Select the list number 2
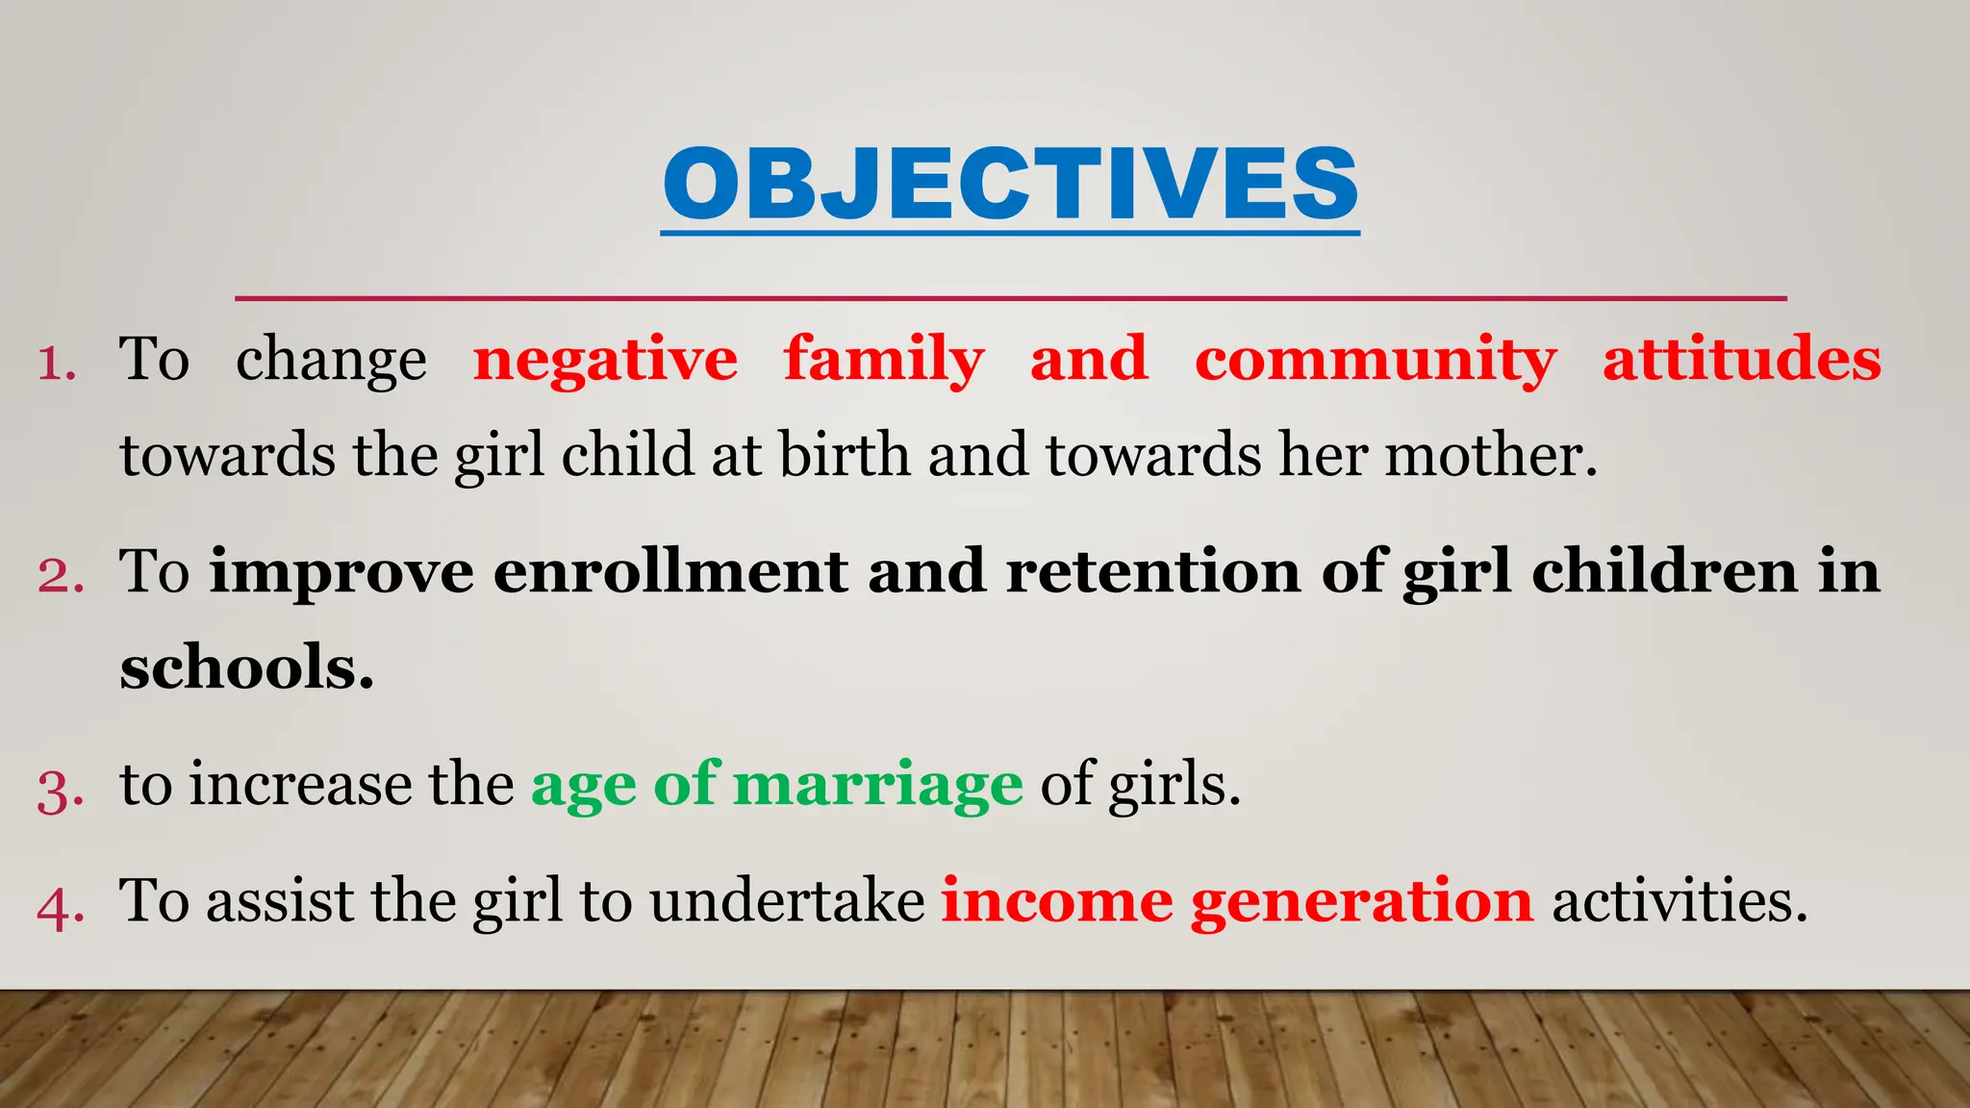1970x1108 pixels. pyautogui.click(x=60, y=576)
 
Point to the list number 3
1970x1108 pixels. pyautogui.click(x=60, y=791)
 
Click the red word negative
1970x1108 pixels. pyautogui.click(x=605, y=360)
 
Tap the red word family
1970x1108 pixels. pyautogui.click(x=883, y=360)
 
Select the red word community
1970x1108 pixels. pyautogui.click(x=1375, y=360)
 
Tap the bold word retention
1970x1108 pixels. pyautogui.click(x=1152, y=571)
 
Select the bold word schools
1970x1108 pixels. pyautogui.click(x=246, y=667)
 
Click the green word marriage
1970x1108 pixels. pyautogui.click(x=877, y=785)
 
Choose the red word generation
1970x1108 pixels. pyautogui.click(x=1361, y=903)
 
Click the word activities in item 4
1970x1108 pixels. pyautogui.click(x=1679, y=901)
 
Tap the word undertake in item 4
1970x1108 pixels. pyautogui.click(x=786, y=901)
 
